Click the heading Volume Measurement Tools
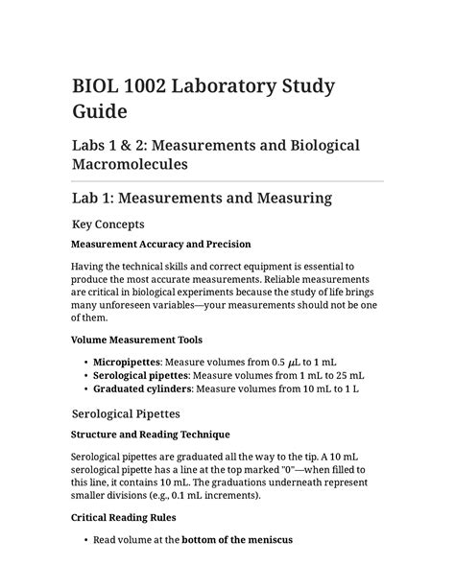point(137,339)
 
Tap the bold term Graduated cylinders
point(142,389)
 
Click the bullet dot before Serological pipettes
point(83,376)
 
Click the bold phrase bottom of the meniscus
point(237,539)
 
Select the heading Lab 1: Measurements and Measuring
point(202,199)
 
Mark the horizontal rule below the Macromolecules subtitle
point(227,180)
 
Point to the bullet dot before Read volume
point(83,540)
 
